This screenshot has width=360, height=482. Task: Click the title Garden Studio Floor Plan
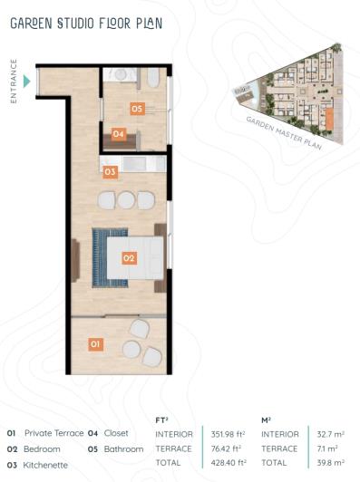tap(87, 24)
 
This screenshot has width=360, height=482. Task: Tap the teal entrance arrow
tap(27, 82)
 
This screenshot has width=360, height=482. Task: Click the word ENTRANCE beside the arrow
tap(15, 82)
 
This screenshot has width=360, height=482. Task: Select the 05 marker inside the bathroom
tap(137, 109)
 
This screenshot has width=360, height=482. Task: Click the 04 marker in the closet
tap(119, 134)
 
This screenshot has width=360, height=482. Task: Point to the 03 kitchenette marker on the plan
tap(110, 170)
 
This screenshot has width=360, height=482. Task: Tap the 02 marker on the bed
tap(129, 258)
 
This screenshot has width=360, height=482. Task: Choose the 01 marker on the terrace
tap(95, 344)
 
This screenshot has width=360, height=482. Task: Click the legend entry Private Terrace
tap(54, 433)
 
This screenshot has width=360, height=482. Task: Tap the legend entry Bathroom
tap(123, 448)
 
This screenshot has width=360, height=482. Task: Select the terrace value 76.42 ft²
tap(223, 448)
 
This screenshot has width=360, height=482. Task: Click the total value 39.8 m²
tap(328, 463)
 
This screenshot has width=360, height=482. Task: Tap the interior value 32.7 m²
tap(328, 433)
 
